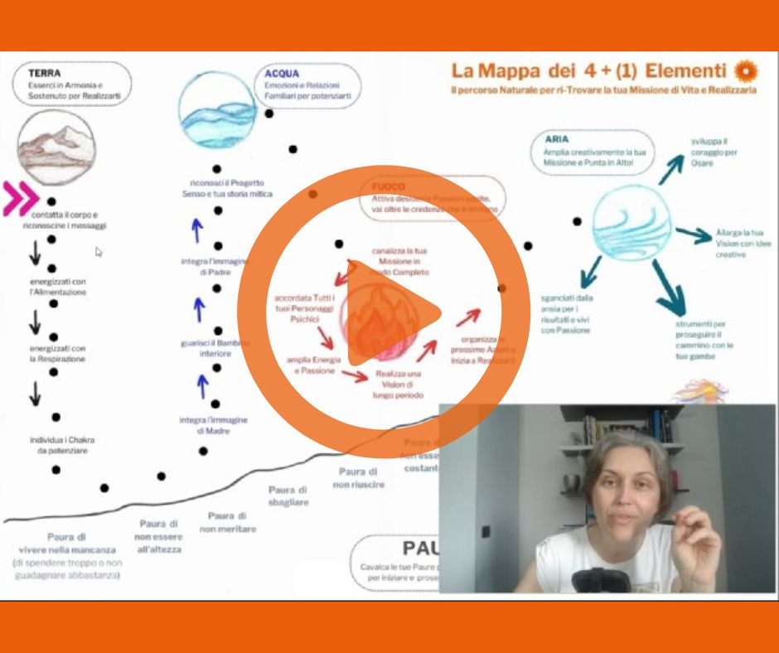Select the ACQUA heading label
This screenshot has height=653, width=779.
281,73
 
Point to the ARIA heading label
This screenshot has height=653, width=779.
556,139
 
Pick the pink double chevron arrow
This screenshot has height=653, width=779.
21,199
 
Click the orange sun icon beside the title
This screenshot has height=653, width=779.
746,70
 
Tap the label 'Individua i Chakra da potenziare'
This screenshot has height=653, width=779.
56,444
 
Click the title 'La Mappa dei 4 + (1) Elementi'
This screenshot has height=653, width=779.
588,70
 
